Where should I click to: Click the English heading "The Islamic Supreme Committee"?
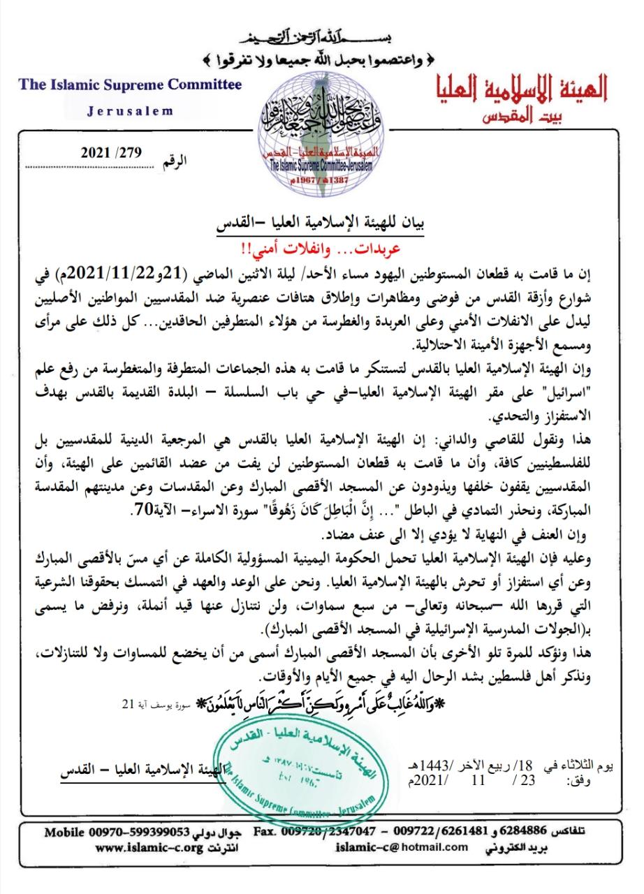click(131, 85)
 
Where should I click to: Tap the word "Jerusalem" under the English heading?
click(131, 111)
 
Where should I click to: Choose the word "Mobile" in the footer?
click(64, 833)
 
